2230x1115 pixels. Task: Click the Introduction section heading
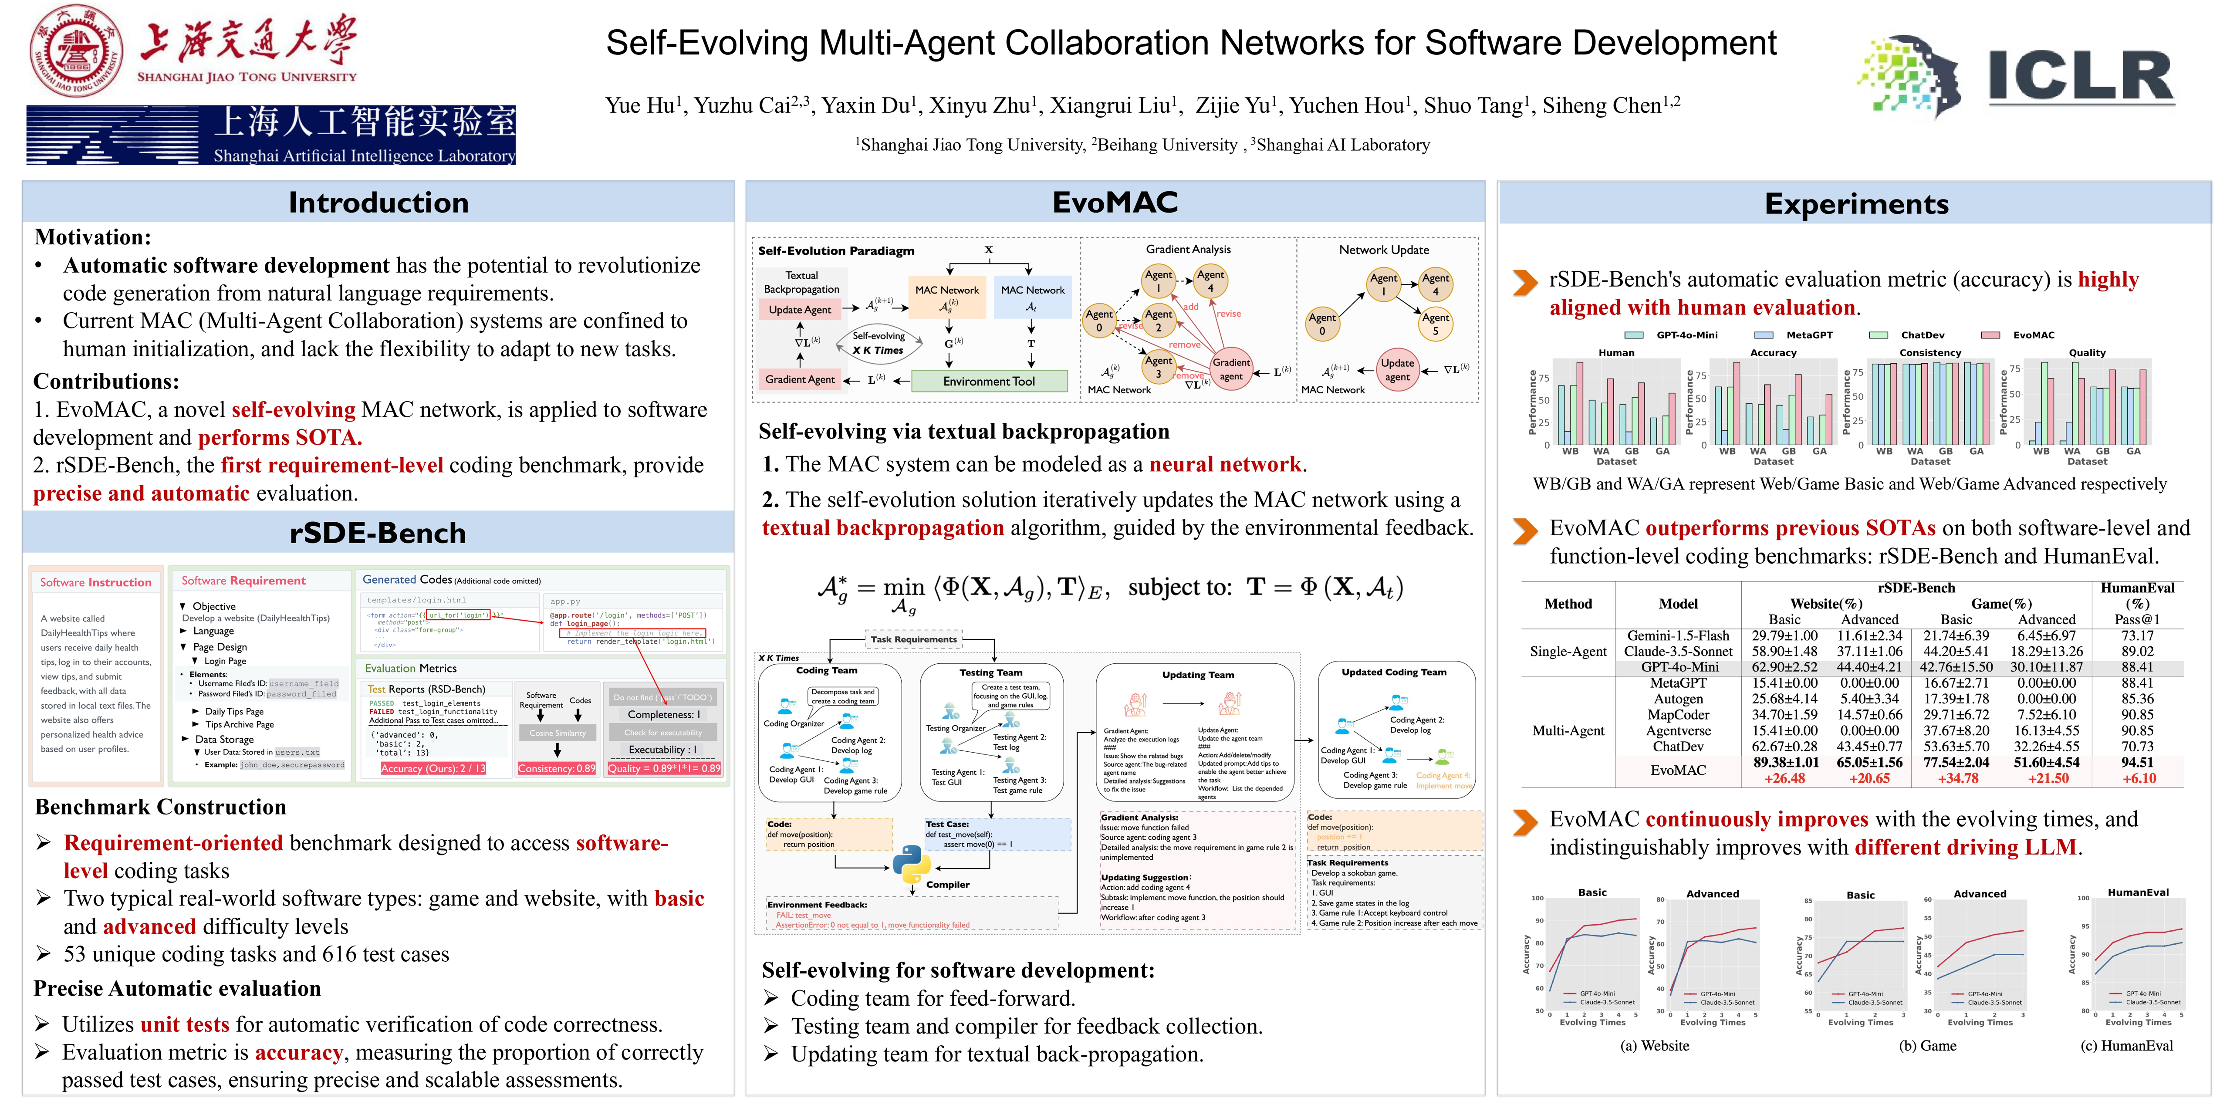[x=378, y=203]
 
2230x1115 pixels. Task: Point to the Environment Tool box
[x=989, y=381]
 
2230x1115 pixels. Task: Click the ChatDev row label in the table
[x=1678, y=746]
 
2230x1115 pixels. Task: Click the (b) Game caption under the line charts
[x=1927, y=1046]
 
